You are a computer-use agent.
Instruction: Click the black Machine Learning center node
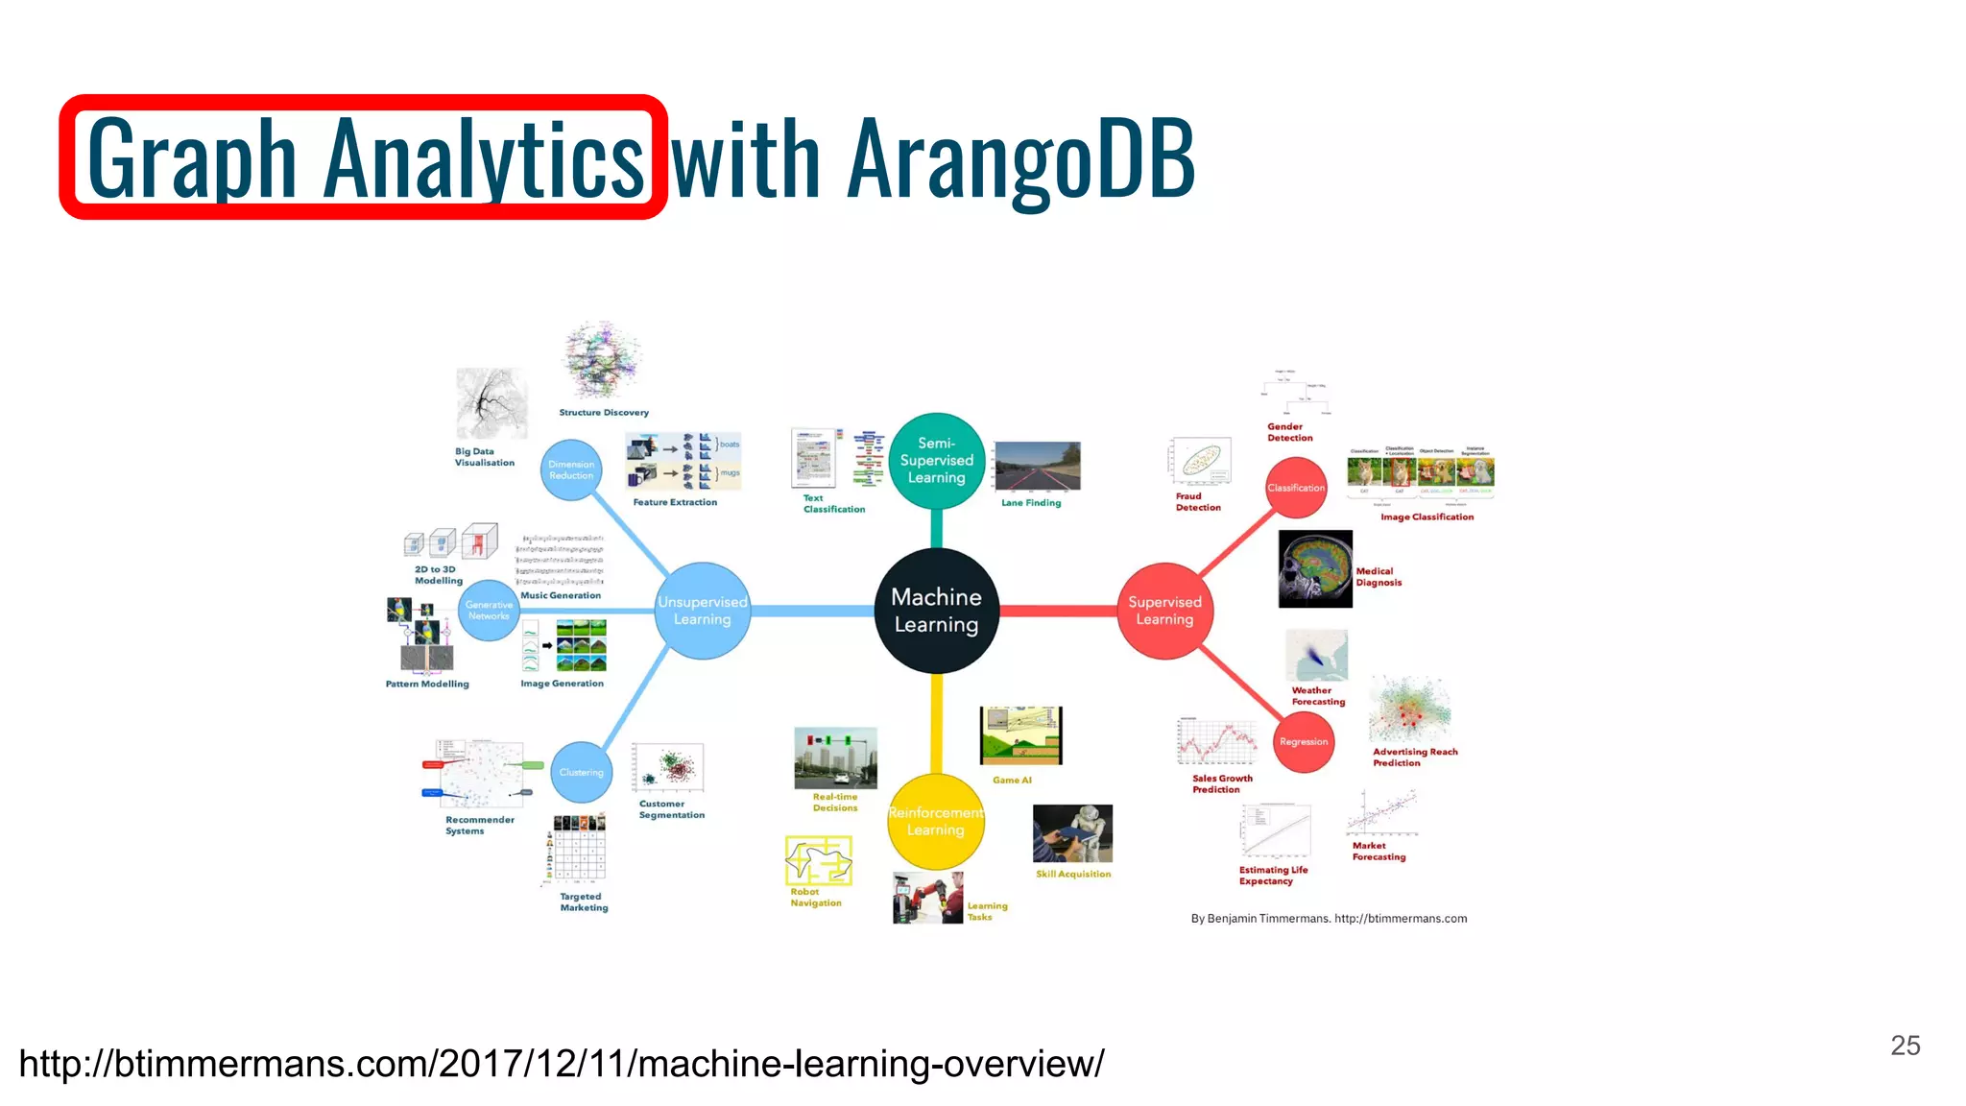click(x=936, y=611)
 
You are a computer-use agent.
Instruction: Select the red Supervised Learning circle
click(x=1164, y=611)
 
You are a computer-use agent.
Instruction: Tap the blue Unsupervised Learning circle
click(x=702, y=611)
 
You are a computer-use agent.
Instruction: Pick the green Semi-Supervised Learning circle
click(x=936, y=461)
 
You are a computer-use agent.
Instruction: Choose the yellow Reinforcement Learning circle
click(x=936, y=821)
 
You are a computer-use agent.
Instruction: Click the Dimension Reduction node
click(x=571, y=469)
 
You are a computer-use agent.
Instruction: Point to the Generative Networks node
click(x=489, y=610)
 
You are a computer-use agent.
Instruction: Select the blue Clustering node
click(x=581, y=772)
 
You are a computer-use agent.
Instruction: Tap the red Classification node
click(x=1295, y=488)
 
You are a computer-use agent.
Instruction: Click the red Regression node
click(x=1304, y=741)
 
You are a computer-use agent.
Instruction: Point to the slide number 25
click(x=1905, y=1045)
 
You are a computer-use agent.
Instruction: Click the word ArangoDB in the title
click(x=1021, y=158)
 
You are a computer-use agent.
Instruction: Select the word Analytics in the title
click(x=483, y=158)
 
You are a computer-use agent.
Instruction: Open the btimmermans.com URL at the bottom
click(x=562, y=1064)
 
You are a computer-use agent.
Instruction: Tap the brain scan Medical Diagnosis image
click(x=1315, y=568)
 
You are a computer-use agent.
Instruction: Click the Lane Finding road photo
click(x=1037, y=466)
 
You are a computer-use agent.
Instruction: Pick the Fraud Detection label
click(x=1198, y=502)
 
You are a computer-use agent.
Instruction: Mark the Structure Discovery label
click(x=604, y=413)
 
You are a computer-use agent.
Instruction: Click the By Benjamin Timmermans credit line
click(x=1329, y=919)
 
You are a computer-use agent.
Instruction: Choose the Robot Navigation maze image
click(x=818, y=859)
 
